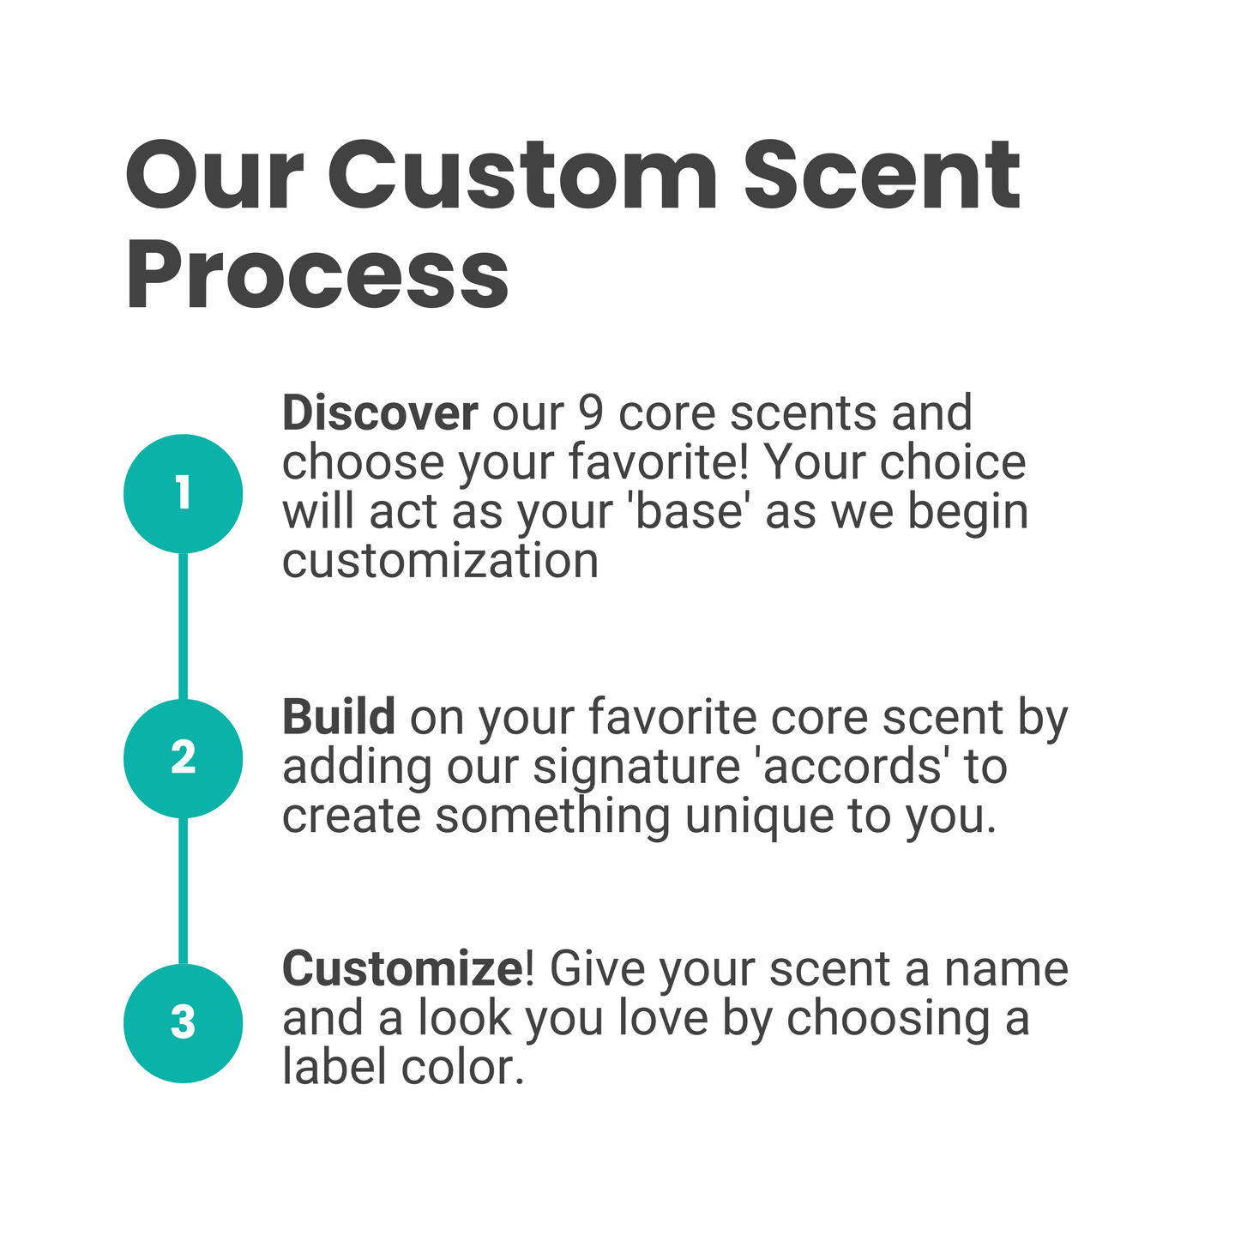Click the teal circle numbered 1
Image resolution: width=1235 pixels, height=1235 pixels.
tap(183, 493)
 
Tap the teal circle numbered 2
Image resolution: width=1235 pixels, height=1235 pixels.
tap(183, 758)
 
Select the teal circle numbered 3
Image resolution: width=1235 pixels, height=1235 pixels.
tap(183, 1023)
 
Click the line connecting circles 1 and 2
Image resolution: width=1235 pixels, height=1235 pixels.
tap(183, 626)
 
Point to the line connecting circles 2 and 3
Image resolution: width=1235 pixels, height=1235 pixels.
tap(183, 890)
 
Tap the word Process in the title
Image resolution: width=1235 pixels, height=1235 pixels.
tap(317, 276)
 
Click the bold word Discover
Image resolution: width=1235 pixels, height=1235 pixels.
tap(379, 413)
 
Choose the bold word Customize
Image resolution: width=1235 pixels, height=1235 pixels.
tap(401, 969)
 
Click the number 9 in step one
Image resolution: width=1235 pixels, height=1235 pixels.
tap(590, 413)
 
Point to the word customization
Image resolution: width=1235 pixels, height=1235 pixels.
tap(440, 562)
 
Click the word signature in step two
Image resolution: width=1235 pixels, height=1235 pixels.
tap(636, 768)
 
